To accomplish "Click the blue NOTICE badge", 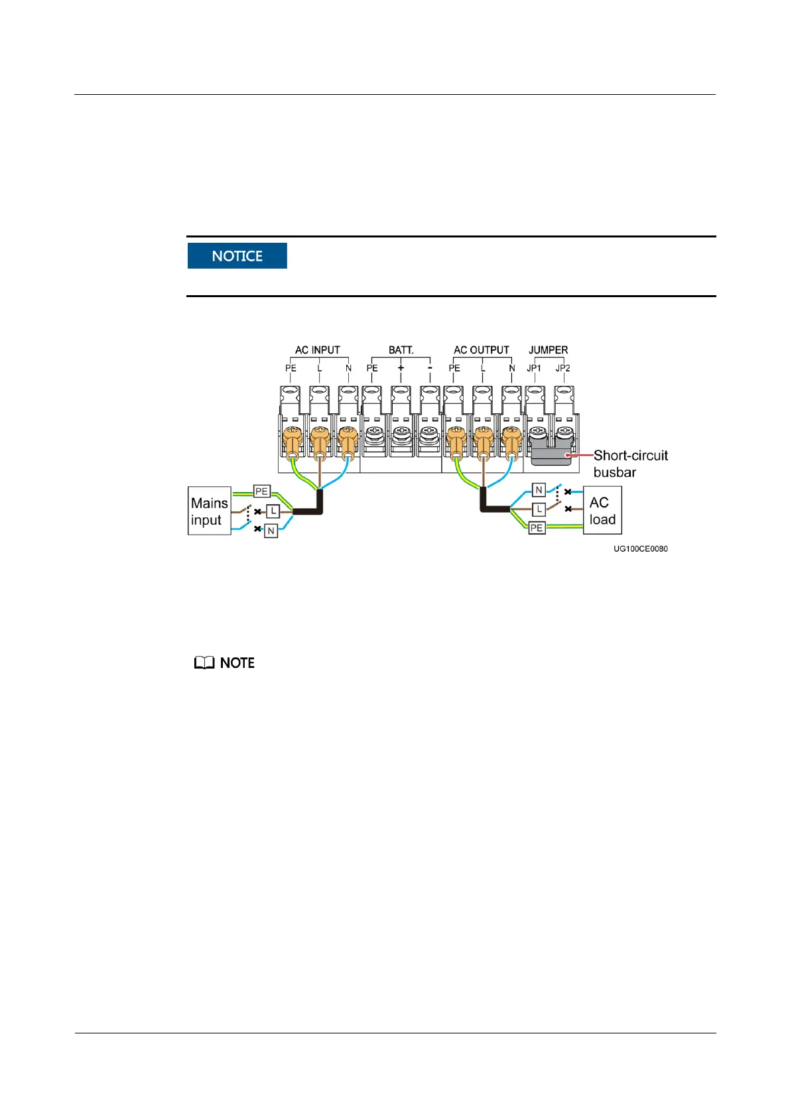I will pos(237,256).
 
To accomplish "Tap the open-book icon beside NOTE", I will pos(204,663).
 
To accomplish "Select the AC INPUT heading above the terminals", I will pos(317,350).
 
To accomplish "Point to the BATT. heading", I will pos(401,350).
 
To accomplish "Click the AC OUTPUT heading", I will pos(481,350).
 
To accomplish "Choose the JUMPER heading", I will pos(548,350).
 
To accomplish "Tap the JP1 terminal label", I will pos(534,368).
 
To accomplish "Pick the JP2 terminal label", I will pos(562,368).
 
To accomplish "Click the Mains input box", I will pos(209,511).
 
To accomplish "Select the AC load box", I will pos(602,511).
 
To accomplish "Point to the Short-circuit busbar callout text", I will pos(630,464).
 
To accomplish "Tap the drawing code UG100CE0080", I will pos(640,549).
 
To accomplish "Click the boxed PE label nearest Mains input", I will pos(262,492).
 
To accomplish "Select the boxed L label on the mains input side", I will pos(273,511).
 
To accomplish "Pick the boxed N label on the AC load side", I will pos(539,490).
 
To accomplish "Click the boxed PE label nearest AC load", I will pos(537,528).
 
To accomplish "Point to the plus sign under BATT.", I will pos(401,368).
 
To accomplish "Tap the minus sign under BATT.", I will pos(430,368).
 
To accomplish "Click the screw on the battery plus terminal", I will pos(401,434).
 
